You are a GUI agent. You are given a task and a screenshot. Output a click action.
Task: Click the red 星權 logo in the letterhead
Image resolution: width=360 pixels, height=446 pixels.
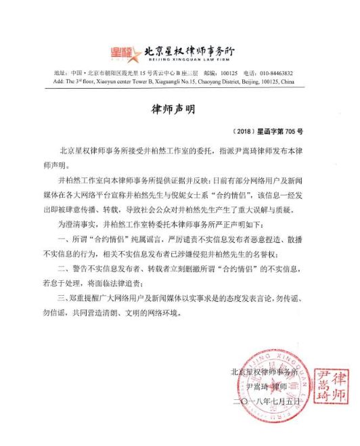tap(122, 52)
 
